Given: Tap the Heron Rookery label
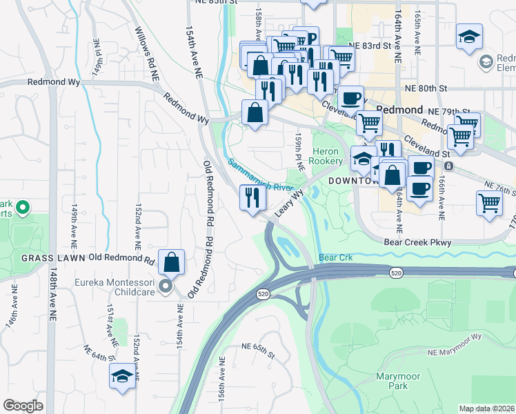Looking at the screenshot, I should pyautogui.click(x=326, y=156).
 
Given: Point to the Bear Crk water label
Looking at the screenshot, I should pyautogui.click(x=336, y=257).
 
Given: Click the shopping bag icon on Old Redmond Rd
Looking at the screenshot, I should pyautogui.click(x=171, y=262).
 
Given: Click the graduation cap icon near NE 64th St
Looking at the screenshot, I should pyautogui.click(x=122, y=376).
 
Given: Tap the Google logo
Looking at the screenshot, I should pyautogui.click(x=23, y=406).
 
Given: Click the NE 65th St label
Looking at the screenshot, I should pyautogui.click(x=259, y=347).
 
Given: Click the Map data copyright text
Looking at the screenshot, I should pyautogui.click(x=486, y=409).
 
